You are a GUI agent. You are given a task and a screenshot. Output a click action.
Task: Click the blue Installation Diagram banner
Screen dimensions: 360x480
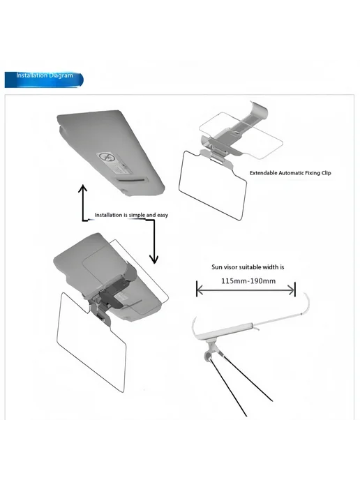click(44, 80)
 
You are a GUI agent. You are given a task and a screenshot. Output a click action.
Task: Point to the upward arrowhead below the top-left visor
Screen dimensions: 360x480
click(82, 188)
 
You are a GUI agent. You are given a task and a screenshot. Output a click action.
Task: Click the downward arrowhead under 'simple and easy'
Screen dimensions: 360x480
click(154, 260)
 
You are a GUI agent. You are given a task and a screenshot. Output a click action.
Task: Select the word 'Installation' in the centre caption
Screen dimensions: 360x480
click(108, 215)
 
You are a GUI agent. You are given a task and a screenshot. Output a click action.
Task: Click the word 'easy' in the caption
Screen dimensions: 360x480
click(163, 215)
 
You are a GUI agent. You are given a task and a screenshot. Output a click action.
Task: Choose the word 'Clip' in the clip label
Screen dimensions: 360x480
click(327, 173)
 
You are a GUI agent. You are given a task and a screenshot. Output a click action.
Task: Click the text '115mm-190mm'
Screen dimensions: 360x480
click(248, 281)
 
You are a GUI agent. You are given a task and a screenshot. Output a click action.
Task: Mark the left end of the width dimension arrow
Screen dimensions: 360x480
click(197, 290)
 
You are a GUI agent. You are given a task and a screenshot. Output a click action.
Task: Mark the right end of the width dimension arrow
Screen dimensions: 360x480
click(294, 290)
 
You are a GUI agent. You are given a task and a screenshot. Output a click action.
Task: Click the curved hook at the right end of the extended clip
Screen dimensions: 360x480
click(306, 303)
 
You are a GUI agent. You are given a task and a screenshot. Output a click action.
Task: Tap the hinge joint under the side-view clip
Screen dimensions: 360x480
click(210, 352)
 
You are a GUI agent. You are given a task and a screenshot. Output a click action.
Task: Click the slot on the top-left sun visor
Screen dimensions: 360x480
click(131, 180)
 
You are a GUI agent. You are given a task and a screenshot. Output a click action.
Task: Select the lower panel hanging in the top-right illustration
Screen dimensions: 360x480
click(213, 184)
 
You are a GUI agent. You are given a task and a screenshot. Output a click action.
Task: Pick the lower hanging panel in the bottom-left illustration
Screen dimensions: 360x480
click(91, 342)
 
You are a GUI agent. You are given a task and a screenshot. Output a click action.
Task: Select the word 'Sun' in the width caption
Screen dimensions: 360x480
click(216, 267)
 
